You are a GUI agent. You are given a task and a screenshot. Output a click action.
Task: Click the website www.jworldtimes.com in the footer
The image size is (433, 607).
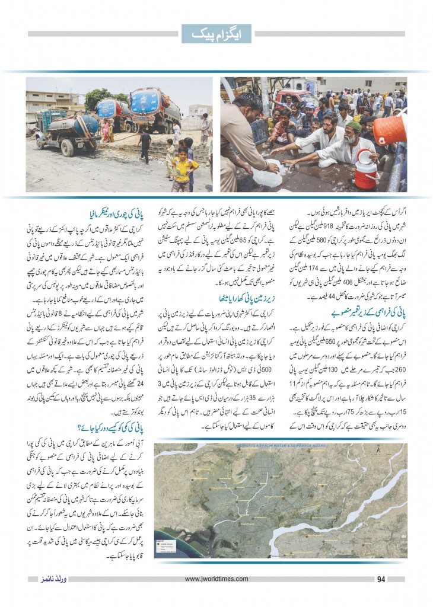coord(216,579)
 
